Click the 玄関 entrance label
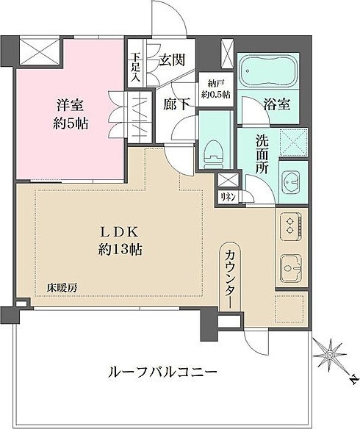pos(172,60)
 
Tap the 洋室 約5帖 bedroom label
pos(71,115)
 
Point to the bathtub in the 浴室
pos(268,71)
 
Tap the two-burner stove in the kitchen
pos(291,226)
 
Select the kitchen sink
pos(291,268)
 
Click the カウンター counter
pos(231,277)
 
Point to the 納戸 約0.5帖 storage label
pos(216,89)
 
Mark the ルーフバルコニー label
pos(162,372)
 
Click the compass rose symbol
pos(328,355)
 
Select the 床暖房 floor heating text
pos(62,288)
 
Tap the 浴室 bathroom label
pos(277,104)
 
